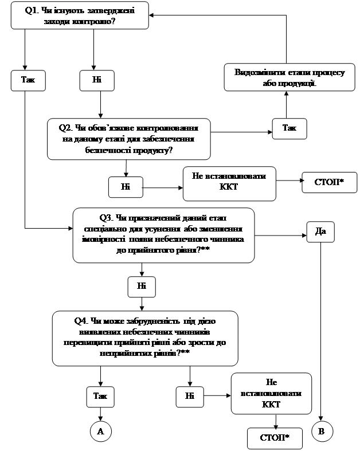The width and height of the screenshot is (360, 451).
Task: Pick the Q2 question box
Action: click(128, 139)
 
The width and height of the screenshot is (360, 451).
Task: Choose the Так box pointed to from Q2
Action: click(289, 128)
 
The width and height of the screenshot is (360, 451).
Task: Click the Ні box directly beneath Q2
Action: click(126, 186)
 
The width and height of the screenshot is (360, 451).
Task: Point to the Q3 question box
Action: click(163, 236)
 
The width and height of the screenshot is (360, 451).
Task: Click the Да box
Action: click(320, 232)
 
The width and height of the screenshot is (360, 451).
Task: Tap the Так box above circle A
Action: click(100, 395)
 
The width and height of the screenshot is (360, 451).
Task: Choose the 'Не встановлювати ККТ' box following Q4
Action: click(271, 393)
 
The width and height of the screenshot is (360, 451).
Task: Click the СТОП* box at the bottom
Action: click(274, 438)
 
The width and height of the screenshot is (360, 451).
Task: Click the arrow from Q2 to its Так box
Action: click(241, 132)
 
